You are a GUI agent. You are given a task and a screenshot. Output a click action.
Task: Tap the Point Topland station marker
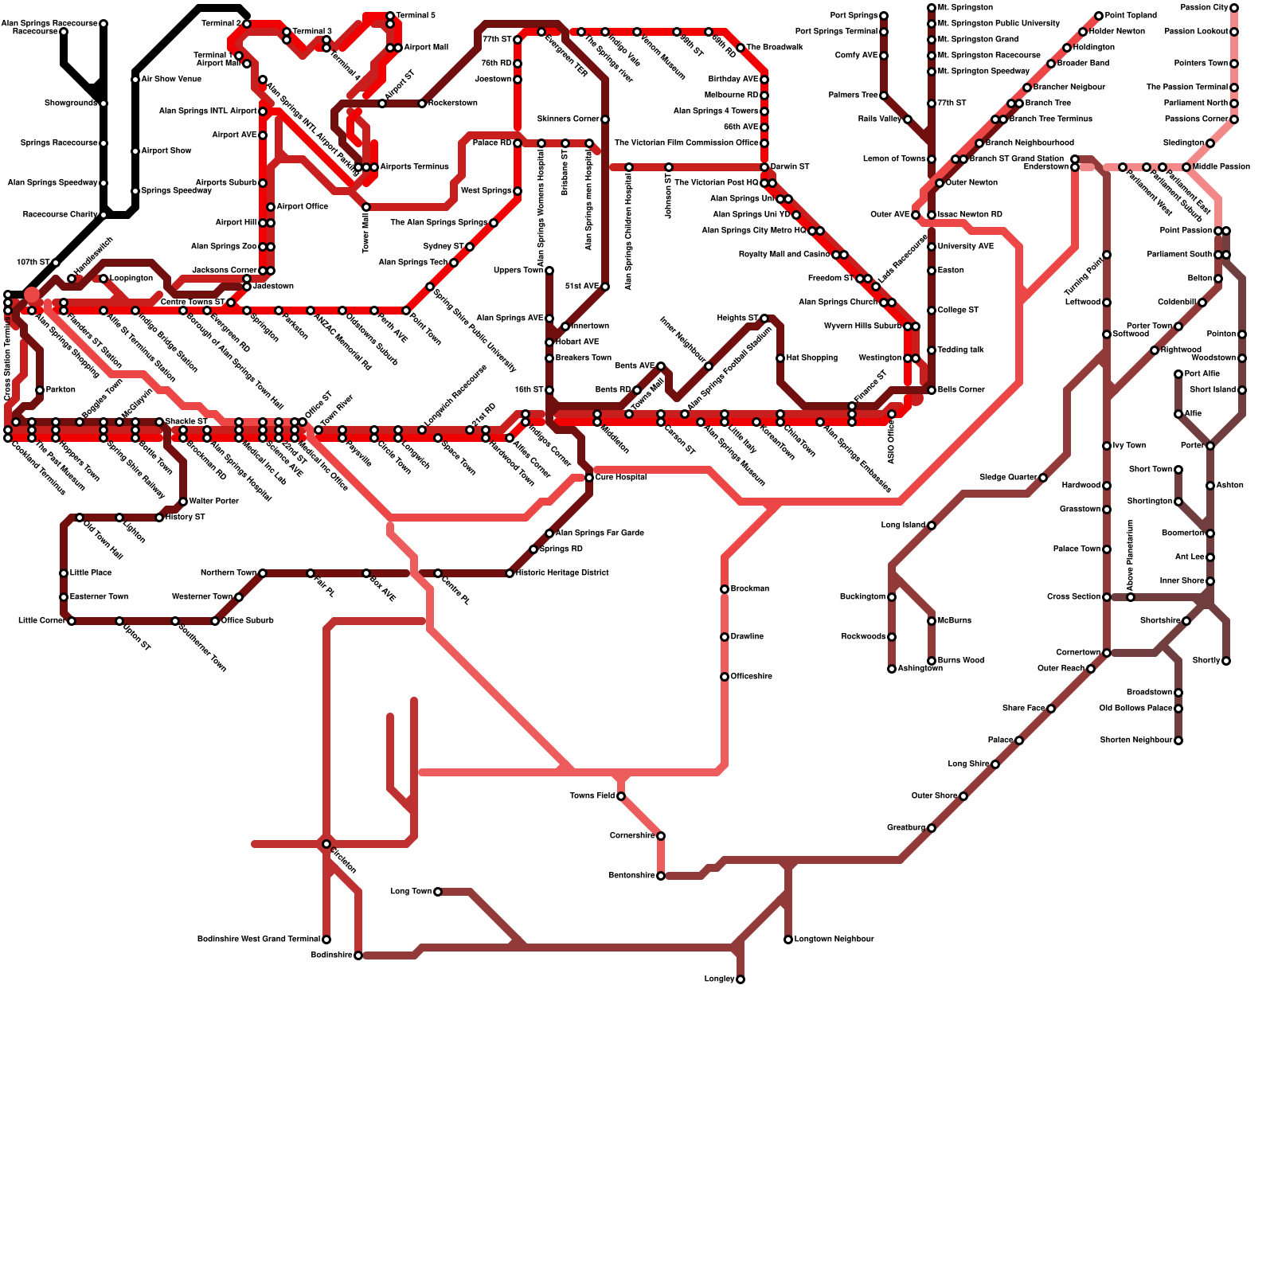pyautogui.click(x=1099, y=16)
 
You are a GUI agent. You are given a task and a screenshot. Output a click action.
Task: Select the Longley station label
pyautogui.click(x=719, y=979)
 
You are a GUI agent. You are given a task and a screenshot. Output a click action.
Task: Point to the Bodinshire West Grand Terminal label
pyautogui.click(x=259, y=940)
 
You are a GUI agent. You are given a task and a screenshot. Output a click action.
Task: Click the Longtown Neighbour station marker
pyautogui.click(x=788, y=940)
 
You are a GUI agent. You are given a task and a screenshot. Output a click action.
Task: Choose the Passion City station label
pyautogui.click(x=1204, y=8)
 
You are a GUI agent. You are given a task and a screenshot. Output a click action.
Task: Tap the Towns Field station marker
pyautogui.click(x=621, y=796)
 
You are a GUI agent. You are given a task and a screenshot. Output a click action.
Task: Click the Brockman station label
pyautogui.click(x=749, y=589)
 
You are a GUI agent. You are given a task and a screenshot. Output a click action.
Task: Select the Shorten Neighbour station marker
pyautogui.click(x=1178, y=741)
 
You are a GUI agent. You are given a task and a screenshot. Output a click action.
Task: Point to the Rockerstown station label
pyautogui.click(x=453, y=104)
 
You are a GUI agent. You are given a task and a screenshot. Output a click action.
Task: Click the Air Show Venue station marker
pyautogui.click(x=135, y=80)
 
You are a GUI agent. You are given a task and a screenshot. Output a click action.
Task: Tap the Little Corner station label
pyautogui.click(x=41, y=621)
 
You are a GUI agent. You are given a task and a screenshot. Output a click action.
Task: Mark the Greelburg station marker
pyautogui.click(x=932, y=828)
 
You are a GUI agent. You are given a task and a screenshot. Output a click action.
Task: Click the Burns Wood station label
pyautogui.click(x=961, y=661)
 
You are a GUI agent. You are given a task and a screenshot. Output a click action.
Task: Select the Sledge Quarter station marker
pyautogui.click(x=1043, y=478)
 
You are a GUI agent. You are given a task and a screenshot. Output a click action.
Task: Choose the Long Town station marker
pyautogui.click(x=438, y=892)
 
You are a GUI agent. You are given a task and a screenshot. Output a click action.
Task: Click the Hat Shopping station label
pyautogui.click(x=811, y=358)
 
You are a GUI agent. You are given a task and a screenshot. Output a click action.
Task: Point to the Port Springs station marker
pyautogui.click(x=884, y=16)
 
